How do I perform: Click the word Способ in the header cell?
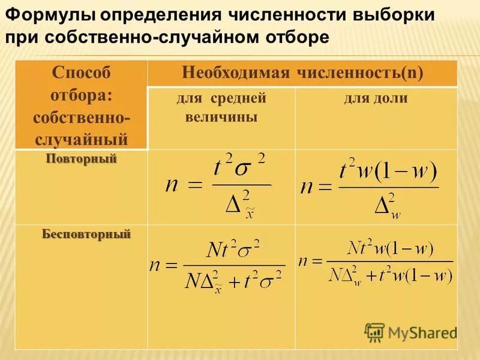pyautogui.click(x=82, y=74)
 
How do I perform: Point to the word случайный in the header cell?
pyautogui.click(x=82, y=139)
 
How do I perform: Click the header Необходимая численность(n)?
pyautogui.click(x=302, y=74)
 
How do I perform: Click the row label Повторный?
pyautogui.click(x=82, y=160)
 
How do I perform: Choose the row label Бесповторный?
pyautogui.click(x=86, y=233)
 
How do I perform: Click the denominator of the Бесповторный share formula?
pyautogui.click(x=390, y=274)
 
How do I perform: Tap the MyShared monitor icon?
pyautogui.click(x=374, y=332)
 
